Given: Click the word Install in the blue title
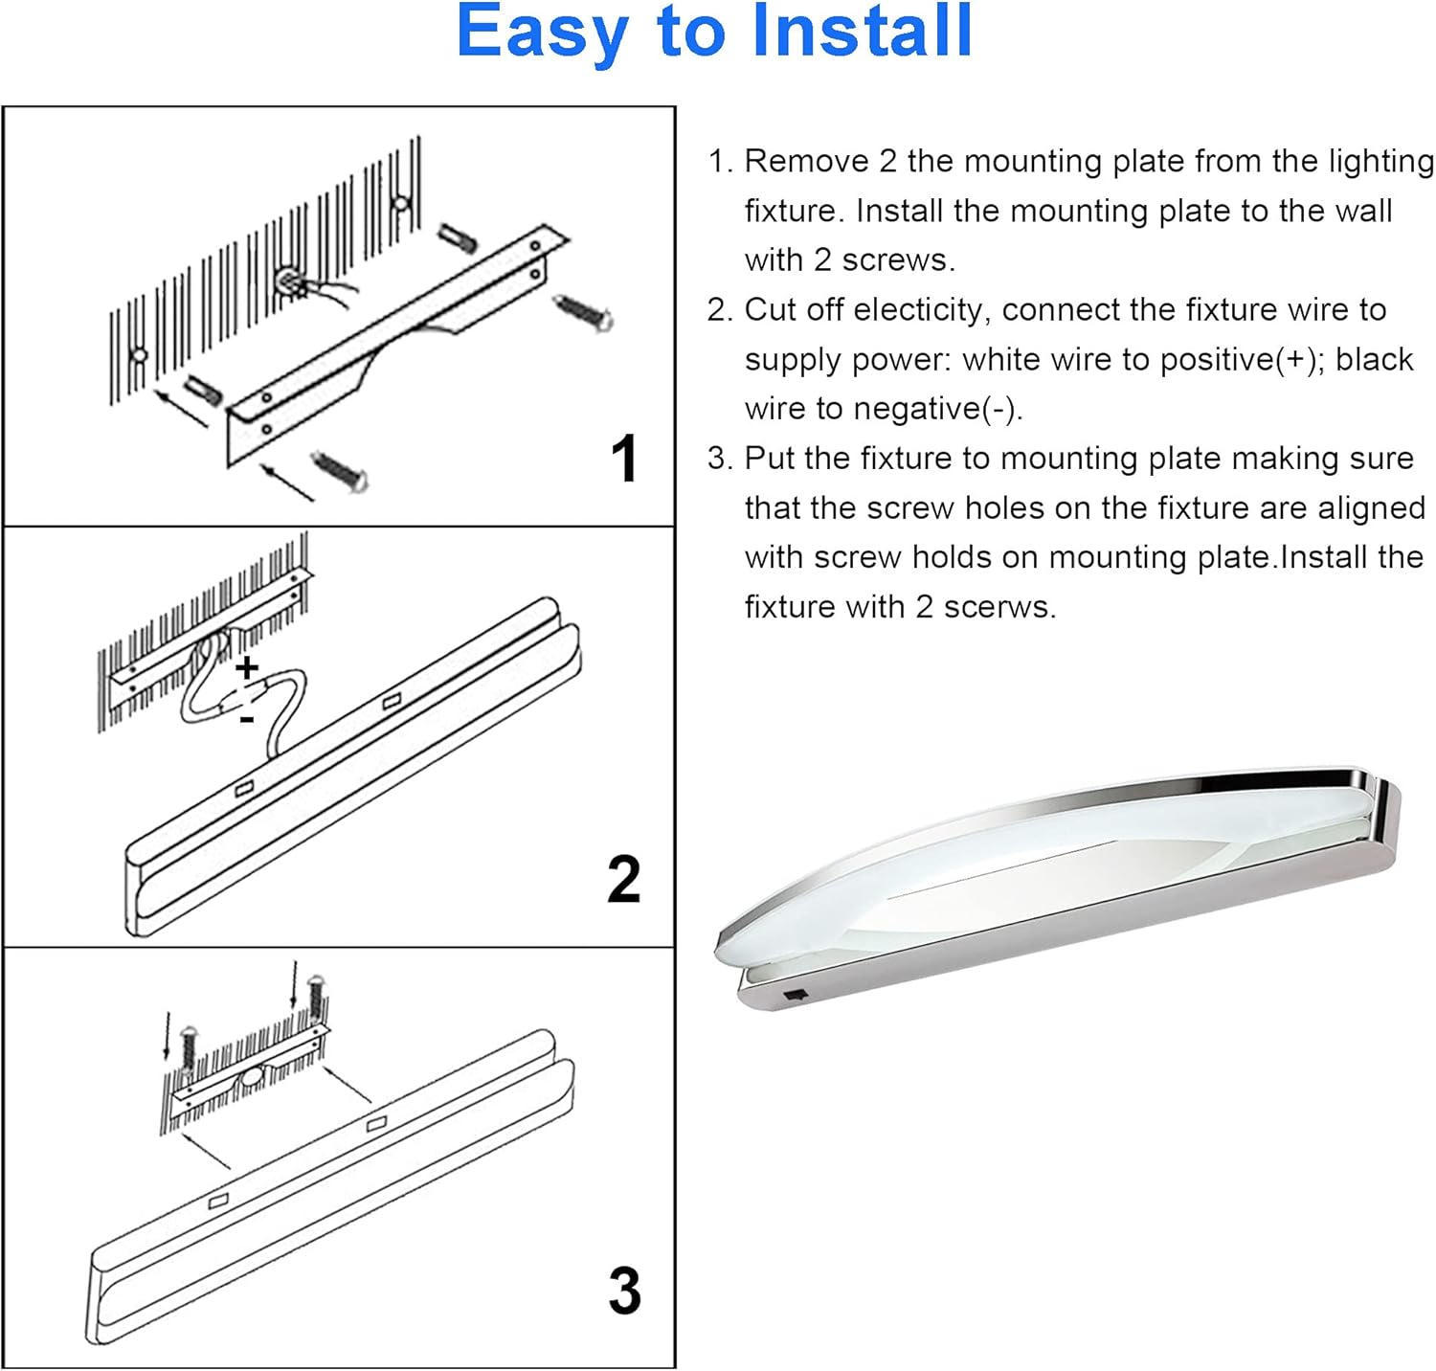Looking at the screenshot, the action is point(862,32).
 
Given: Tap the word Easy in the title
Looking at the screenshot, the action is point(544,34).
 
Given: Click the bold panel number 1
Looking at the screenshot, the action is point(623,459).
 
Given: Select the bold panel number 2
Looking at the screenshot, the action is point(623,880).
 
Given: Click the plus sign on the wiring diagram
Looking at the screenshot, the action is point(247,666).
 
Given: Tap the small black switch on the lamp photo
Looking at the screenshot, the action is point(795,997).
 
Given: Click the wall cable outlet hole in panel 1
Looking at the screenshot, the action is point(288,281).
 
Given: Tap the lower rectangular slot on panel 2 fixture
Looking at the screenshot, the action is point(244,789).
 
